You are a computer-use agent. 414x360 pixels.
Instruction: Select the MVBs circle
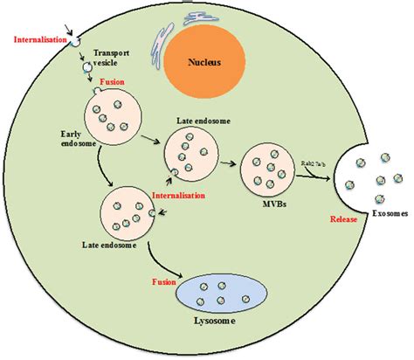[267, 169]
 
